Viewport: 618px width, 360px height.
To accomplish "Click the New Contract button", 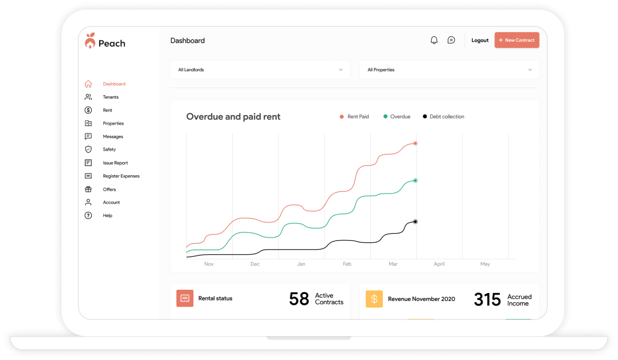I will coord(517,40).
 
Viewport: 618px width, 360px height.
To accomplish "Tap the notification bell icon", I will coord(434,40).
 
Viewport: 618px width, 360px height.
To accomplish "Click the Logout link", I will coord(479,40).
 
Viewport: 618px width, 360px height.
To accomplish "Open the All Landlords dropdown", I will coord(260,70).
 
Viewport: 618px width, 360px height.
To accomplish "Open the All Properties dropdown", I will coord(449,70).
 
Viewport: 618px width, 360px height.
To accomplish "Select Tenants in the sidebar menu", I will coord(111,97).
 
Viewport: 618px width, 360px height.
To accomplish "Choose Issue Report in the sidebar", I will coord(115,163).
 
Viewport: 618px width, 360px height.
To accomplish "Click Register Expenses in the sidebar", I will coord(121,176).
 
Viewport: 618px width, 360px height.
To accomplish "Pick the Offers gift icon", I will coord(88,189).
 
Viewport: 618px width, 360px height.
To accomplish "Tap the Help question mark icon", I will coord(88,216).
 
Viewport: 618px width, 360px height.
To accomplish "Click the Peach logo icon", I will coord(90,41).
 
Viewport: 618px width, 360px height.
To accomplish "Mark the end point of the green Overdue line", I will coord(415,180).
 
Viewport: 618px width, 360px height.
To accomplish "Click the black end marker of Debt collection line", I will coord(415,221).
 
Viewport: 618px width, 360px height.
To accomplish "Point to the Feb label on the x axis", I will coord(347,264).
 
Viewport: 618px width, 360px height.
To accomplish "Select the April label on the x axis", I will coord(439,264).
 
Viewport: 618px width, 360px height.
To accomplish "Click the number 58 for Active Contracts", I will coord(299,299).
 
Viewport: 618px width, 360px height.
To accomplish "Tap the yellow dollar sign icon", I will coord(374,299).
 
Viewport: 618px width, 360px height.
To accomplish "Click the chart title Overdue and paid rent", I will coord(233,116).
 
